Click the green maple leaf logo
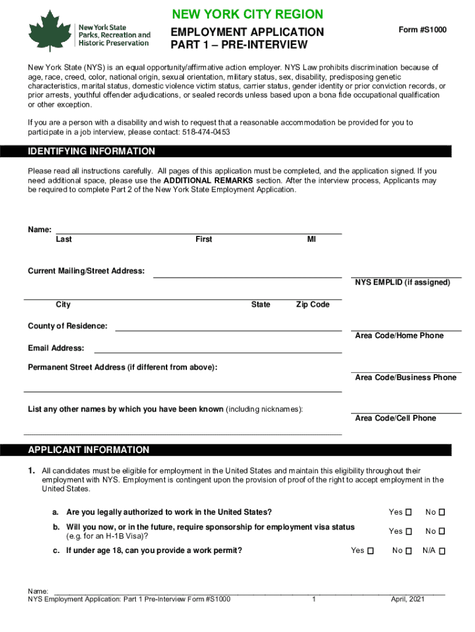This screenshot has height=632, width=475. pos(49,30)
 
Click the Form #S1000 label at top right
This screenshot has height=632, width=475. pos(423,30)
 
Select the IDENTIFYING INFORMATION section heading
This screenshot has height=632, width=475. pos(92,151)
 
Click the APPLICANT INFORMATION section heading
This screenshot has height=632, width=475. pos(89,450)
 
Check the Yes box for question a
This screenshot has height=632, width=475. pos(408,512)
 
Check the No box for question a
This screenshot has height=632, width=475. pos(442,512)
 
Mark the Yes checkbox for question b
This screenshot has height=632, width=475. pos(408,531)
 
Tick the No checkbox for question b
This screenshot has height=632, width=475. pos(442,531)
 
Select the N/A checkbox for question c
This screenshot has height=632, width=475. pos(442,551)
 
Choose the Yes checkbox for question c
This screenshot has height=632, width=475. pos(370,551)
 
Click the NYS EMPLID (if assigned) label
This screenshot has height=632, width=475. pos(402,283)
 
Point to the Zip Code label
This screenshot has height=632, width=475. pos(313,305)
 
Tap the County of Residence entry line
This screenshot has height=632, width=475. pos(228,330)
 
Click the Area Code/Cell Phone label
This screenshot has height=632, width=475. pos(395,418)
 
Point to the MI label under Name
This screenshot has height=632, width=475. pos(312,239)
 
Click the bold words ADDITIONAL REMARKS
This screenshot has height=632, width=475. pos(208,181)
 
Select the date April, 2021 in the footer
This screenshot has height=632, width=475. pos(408,599)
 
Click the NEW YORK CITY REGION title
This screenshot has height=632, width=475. pos(247,14)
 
